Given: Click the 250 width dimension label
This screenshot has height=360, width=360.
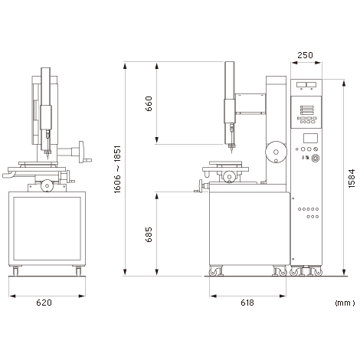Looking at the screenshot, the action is pos(305,55).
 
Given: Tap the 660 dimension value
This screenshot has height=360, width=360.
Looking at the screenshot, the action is pos(149,103).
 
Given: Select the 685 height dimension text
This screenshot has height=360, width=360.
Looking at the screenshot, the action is pos(149,234).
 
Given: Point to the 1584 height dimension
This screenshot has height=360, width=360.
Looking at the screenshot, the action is pos(352,178).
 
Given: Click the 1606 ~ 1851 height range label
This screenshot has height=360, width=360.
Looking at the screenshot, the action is pos(117,169).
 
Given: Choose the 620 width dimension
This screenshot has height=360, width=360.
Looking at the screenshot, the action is pos(44,303).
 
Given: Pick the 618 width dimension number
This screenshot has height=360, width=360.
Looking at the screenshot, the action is pos(247,303).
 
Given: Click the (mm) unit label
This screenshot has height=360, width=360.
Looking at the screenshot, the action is pos(345,303).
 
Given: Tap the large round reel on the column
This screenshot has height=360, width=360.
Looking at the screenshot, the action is pos(276,152).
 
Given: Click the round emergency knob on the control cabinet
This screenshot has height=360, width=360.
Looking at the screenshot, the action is pos(316,158).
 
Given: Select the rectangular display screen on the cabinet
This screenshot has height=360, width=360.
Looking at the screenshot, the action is pos(310,138).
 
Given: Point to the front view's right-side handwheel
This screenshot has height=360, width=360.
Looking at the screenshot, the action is pos(81,152).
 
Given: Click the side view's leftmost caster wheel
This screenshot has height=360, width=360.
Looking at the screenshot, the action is pos(213,273).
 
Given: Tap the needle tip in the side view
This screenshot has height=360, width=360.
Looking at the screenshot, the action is pos(232,152).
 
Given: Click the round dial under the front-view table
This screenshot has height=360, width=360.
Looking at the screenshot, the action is pos(47,185).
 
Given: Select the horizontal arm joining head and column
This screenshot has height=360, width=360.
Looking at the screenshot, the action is pos(250,103).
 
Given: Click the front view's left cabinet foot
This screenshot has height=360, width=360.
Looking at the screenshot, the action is pos(15,271).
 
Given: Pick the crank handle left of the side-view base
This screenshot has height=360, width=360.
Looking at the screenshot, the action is pos(198,186).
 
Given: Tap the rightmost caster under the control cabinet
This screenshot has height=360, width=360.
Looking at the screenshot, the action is pos(319,273).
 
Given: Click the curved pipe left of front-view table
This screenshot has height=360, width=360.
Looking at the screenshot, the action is pos(9,175).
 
